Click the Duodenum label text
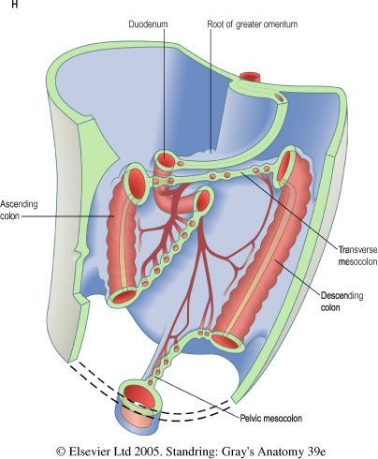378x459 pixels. [x=148, y=24]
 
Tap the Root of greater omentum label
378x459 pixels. [x=253, y=24]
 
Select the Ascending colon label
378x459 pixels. [x=19, y=210]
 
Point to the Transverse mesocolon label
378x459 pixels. [x=358, y=256]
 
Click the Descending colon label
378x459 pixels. [x=342, y=302]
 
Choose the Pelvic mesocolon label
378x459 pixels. [x=270, y=418]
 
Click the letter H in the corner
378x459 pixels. [x=14, y=4]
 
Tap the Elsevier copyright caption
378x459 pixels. [x=191, y=452]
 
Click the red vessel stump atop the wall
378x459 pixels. [x=250, y=77]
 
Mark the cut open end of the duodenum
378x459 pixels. [x=165, y=159]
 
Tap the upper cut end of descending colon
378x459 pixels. [x=283, y=166]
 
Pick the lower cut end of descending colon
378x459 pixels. [x=226, y=341]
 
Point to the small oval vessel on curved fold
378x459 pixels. [x=280, y=97]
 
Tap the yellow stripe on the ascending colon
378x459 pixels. [x=123, y=242]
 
